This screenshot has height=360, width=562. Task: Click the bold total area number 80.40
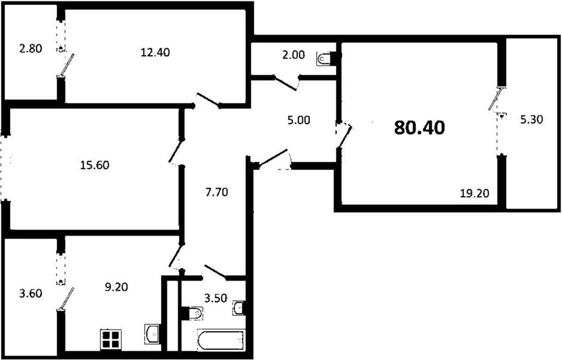(x=420, y=127)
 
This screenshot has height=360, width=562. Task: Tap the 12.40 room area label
(x=155, y=52)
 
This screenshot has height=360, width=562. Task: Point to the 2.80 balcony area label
(x=31, y=48)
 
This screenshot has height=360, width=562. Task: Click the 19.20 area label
(x=475, y=194)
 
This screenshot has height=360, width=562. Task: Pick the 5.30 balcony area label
(x=531, y=119)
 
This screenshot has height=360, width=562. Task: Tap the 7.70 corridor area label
(x=217, y=192)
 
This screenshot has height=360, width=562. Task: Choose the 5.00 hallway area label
(x=298, y=120)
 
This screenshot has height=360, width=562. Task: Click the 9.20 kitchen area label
(x=116, y=287)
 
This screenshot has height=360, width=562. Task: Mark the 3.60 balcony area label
(x=31, y=294)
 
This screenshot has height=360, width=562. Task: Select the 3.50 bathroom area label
(x=215, y=298)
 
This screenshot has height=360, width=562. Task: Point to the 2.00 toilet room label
(x=293, y=55)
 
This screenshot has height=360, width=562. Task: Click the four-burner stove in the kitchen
(x=111, y=339)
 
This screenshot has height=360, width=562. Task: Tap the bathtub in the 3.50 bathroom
(x=221, y=339)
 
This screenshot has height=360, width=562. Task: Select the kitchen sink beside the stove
(x=152, y=334)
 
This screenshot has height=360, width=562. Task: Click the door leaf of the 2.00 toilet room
(x=285, y=83)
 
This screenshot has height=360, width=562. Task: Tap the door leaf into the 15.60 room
(x=175, y=151)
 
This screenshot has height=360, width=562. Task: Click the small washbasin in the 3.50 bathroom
(x=239, y=307)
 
